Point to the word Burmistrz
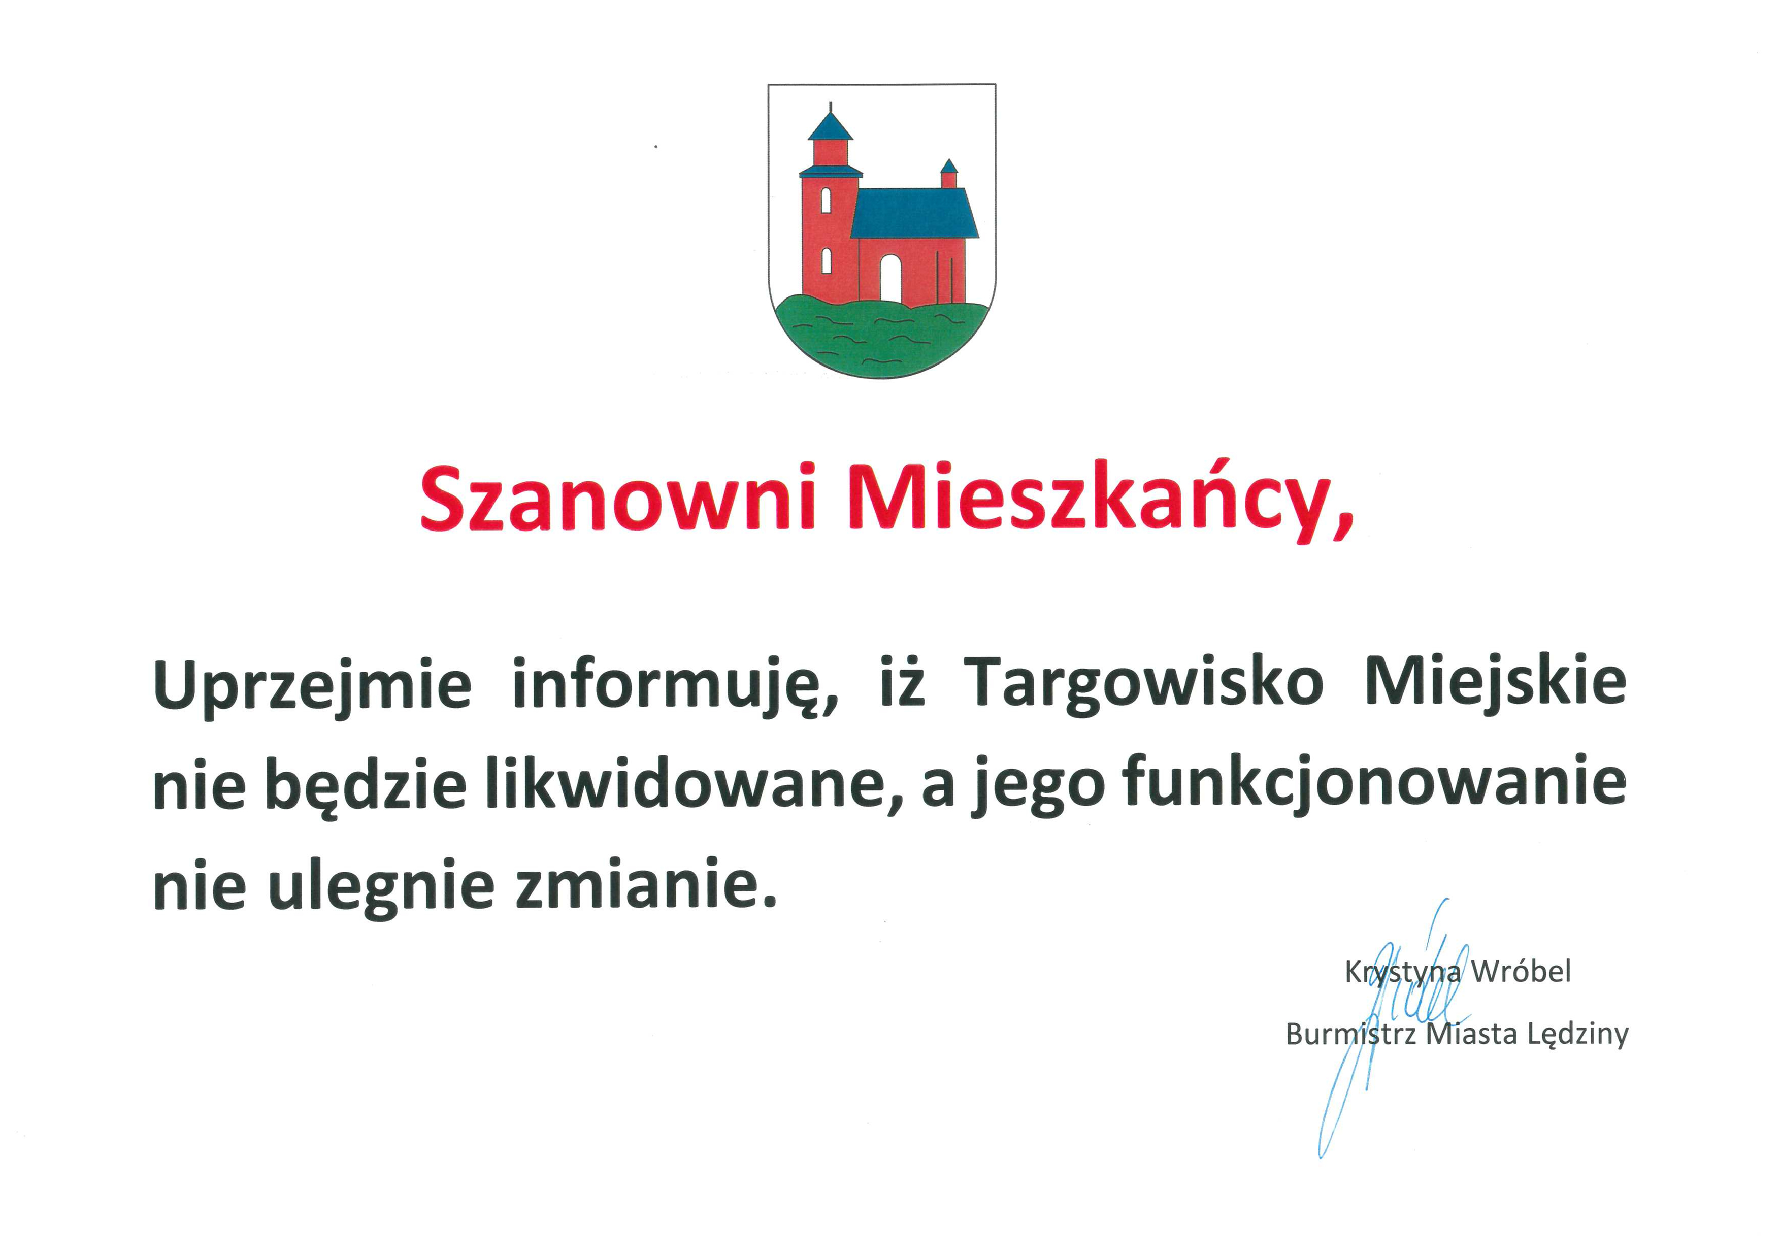(x=1351, y=1034)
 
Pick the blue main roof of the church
(x=914, y=213)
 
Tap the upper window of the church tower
(x=826, y=200)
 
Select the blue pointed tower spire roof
(x=830, y=126)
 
